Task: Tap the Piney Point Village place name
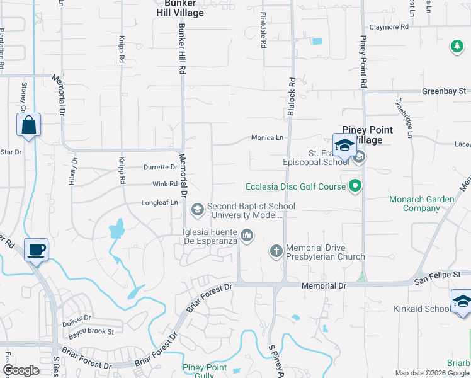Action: [367, 135]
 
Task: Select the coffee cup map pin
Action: [36, 250]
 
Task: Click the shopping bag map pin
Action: [29, 125]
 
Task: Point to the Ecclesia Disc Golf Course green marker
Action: [355, 186]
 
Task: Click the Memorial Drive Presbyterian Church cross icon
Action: [276, 251]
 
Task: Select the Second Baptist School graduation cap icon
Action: [198, 208]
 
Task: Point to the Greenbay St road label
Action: [444, 91]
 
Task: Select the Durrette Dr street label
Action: [160, 168]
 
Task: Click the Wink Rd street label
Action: [165, 185]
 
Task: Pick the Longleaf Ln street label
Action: [157, 203]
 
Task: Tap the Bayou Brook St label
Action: [92, 331]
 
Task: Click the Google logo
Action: [21, 370]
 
